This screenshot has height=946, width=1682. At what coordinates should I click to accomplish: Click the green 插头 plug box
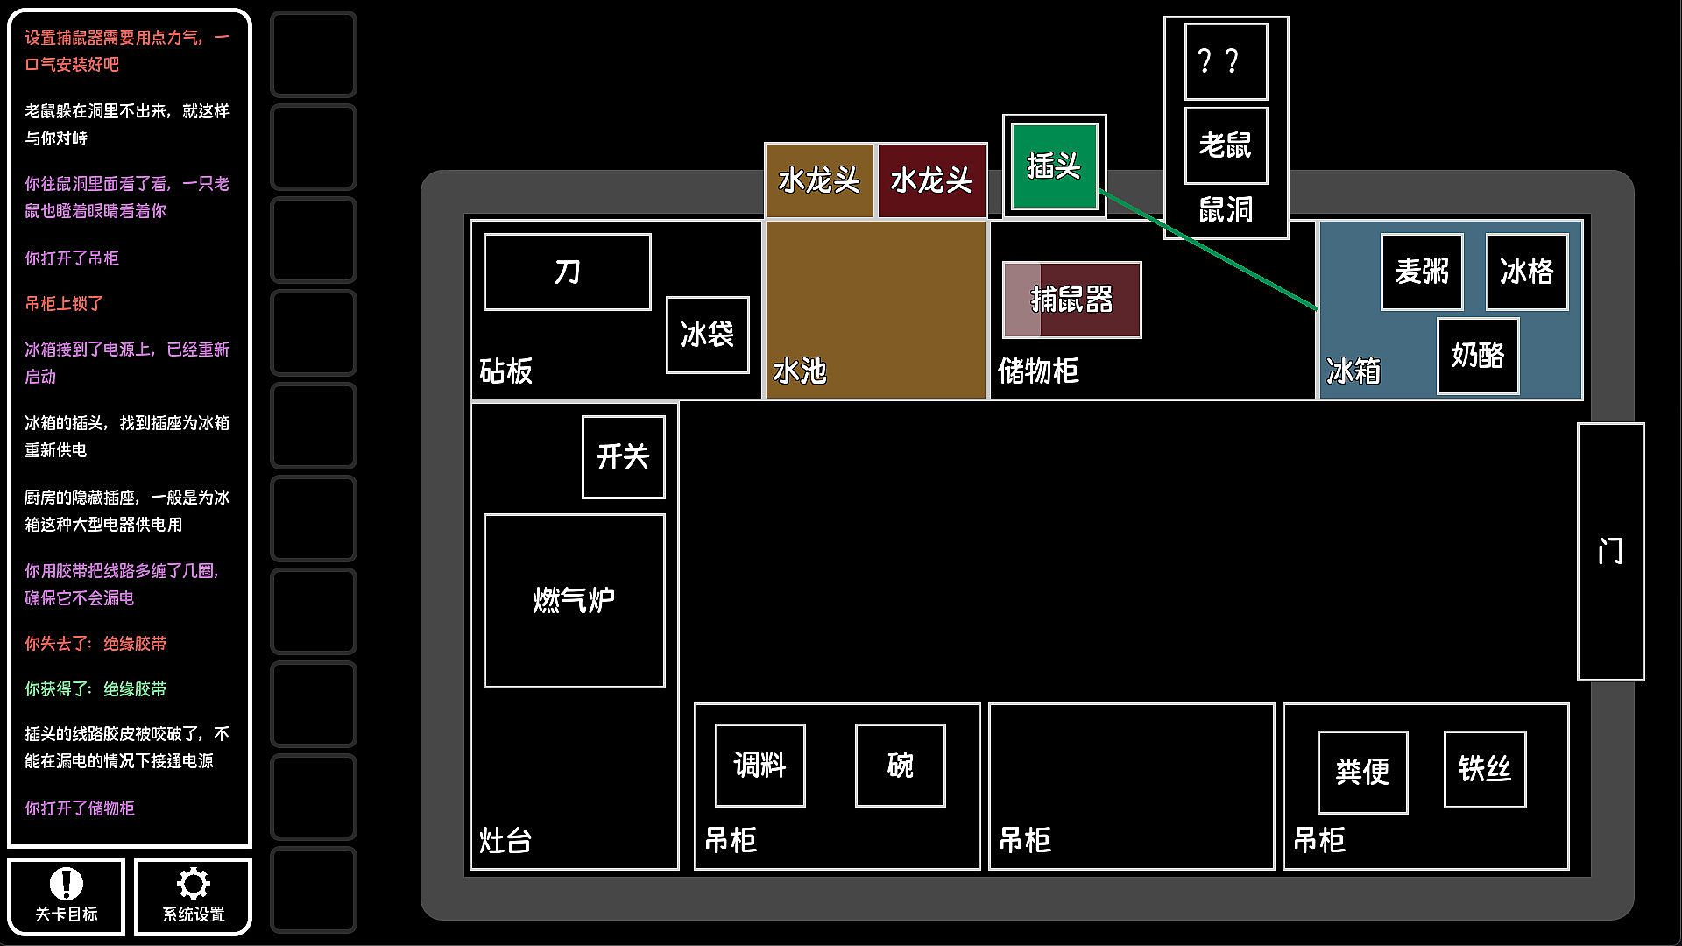pyautogui.click(x=1054, y=166)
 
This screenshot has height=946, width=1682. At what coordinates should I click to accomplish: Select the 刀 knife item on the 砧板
pyautogui.click(x=568, y=272)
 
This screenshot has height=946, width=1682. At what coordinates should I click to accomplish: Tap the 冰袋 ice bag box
pyautogui.click(x=708, y=335)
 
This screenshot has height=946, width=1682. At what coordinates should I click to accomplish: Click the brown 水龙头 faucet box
pyautogui.click(x=819, y=180)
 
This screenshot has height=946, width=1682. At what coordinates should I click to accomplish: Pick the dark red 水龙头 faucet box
pyautogui.click(x=932, y=180)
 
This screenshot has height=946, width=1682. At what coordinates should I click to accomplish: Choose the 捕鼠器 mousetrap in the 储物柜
pyautogui.click(x=1072, y=300)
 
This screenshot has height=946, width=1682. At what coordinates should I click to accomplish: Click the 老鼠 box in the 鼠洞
pyautogui.click(x=1226, y=145)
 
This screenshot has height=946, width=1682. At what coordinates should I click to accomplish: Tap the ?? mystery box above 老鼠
pyautogui.click(x=1226, y=61)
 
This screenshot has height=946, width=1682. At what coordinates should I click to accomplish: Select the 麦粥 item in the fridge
pyautogui.click(x=1422, y=272)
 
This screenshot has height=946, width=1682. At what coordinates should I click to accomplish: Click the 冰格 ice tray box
pyautogui.click(x=1527, y=272)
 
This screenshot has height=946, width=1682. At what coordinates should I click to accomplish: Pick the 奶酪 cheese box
pyautogui.click(x=1478, y=356)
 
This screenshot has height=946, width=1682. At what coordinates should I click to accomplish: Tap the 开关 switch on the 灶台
pyautogui.click(x=624, y=457)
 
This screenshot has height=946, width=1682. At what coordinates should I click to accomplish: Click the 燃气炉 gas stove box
pyautogui.click(x=575, y=601)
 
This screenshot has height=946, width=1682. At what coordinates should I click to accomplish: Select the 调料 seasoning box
pyautogui.click(x=760, y=766)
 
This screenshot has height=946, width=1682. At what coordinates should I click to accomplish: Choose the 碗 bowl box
pyautogui.click(x=901, y=766)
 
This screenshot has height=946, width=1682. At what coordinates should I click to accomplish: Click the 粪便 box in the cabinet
pyautogui.click(x=1363, y=773)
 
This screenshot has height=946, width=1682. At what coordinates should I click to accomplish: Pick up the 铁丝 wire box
pyautogui.click(x=1485, y=769)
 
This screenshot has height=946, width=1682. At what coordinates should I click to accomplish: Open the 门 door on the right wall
pyautogui.click(x=1611, y=552)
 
